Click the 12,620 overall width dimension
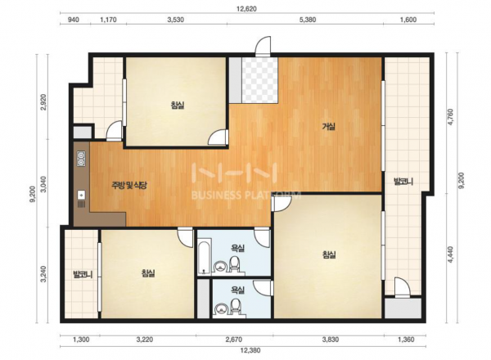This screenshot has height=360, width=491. click(x=246, y=9)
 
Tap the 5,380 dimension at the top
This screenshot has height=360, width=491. click(x=308, y=20)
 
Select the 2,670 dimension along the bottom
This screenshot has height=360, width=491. click(x=234, y=340)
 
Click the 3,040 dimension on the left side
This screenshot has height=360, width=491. click(x=43, y=185)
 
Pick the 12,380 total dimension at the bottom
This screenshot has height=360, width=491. click(x=250, y=351)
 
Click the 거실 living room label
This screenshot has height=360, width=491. click(x=328, y=127)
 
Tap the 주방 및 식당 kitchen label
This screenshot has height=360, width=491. click(x=129, y=186)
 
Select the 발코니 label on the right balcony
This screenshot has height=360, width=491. click(x=403, y=182)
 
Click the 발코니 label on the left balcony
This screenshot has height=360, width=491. click(x=83, y=275)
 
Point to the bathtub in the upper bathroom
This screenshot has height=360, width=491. click(x=205, y=257)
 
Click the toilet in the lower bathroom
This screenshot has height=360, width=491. click(x=235, y=306)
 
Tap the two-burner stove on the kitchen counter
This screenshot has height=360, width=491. click(x=81, y=159)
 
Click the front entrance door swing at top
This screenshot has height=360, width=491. click(x=263, y=47)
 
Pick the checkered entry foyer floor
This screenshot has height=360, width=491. click(x=260, y=80)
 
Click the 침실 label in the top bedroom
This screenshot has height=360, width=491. click(x=178, y=105)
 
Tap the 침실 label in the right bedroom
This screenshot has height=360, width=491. click(x=329, y=254)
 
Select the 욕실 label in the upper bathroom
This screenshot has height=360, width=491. click(x=237, y=248)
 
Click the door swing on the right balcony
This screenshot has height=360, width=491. click(x=402, y=286)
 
